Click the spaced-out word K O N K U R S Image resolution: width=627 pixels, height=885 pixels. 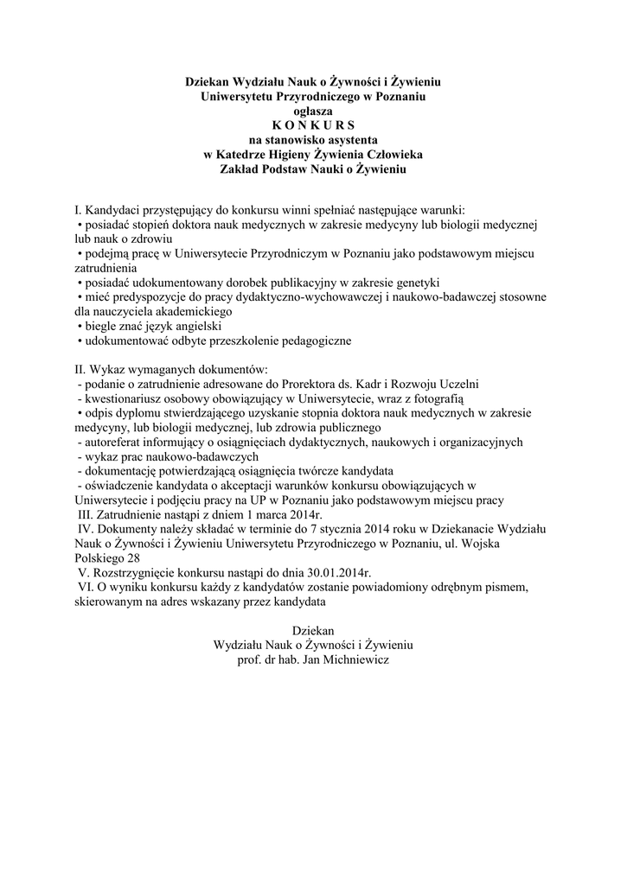[313, 124]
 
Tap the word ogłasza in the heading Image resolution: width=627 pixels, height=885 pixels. [313, 111]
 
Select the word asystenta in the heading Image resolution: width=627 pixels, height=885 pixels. [350, 139]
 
